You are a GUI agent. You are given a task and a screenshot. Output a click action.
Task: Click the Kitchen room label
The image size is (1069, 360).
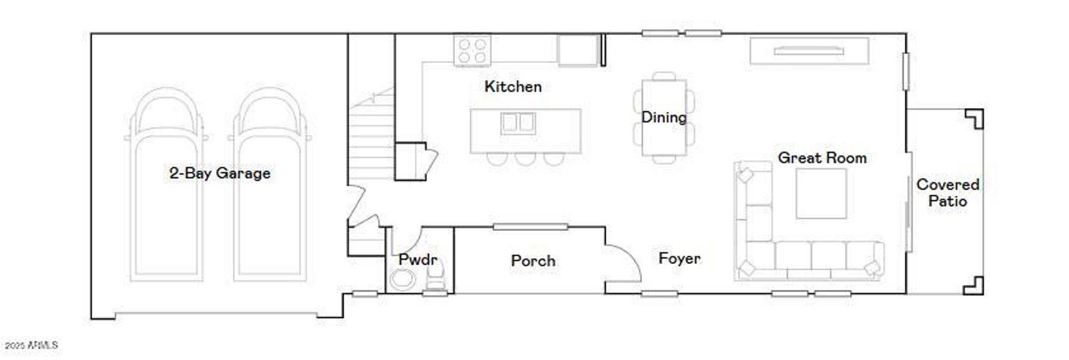click(513, 86)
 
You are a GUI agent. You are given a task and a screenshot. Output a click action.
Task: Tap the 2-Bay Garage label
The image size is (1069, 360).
click(220, 173)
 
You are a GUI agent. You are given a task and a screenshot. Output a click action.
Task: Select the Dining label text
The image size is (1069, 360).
click(664, 117)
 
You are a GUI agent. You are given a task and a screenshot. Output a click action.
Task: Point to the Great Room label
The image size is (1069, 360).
click(822, 158)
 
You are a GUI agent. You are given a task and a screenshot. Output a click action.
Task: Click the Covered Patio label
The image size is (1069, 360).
click(948, 193)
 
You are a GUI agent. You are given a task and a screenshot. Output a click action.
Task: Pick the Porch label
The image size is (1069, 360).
click(533, 261)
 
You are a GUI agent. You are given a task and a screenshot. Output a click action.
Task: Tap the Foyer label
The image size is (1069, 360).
click(679, 259)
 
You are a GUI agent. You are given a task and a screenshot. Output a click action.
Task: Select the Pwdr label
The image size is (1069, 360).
click(418, 260)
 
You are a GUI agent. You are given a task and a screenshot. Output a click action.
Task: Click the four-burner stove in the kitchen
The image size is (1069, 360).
click(472, 50)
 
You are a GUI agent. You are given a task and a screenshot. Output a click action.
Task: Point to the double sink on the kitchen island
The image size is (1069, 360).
click(518, 123)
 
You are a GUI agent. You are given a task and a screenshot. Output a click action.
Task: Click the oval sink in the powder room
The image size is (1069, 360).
click(402, 279)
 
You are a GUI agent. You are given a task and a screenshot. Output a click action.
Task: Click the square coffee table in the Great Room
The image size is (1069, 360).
click(821, 193)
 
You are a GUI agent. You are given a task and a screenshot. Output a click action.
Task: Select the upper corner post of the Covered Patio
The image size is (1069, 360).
click(974, 119)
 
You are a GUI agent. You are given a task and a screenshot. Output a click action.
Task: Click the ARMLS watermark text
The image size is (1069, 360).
click(31, 346)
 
